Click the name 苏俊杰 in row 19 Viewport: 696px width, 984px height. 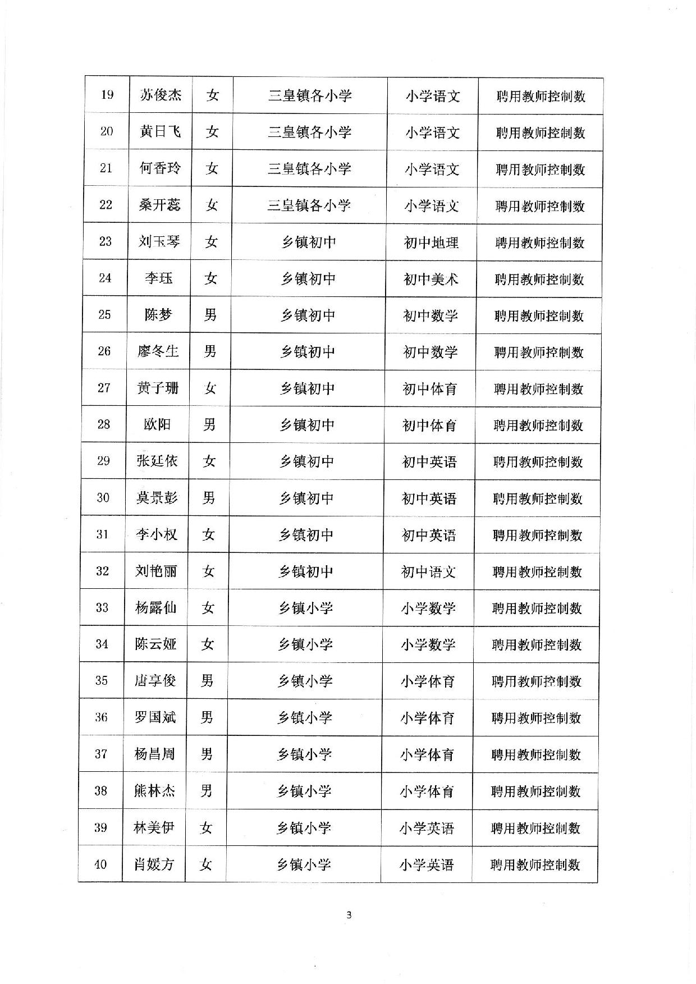point(161,95)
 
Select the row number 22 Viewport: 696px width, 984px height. point(106,205)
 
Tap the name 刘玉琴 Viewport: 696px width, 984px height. point(159,241)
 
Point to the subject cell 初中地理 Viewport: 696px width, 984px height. point(431,242)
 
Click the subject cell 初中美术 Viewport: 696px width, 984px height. point(431,279)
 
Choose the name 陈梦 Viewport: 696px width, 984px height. point(158,315)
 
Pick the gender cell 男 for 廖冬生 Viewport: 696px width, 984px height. point(210,351)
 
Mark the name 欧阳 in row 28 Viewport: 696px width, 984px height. point(157,424)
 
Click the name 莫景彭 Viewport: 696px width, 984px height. point(157,498)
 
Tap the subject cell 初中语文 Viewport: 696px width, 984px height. point(428,572)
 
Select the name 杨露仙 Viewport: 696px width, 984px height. point(155,607)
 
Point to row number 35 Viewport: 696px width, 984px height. point(102,681)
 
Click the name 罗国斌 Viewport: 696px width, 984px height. point(155,717)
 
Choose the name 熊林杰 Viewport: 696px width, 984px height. point(154,791)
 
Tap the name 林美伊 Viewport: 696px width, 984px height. point(154,827)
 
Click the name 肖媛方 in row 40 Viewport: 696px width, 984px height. point(154,864)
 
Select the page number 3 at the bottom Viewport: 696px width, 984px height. point(349,916)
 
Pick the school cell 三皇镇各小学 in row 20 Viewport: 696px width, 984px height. point(309,132)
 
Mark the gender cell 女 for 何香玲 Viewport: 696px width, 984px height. point(212,168)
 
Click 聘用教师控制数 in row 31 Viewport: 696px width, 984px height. point(537,536)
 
